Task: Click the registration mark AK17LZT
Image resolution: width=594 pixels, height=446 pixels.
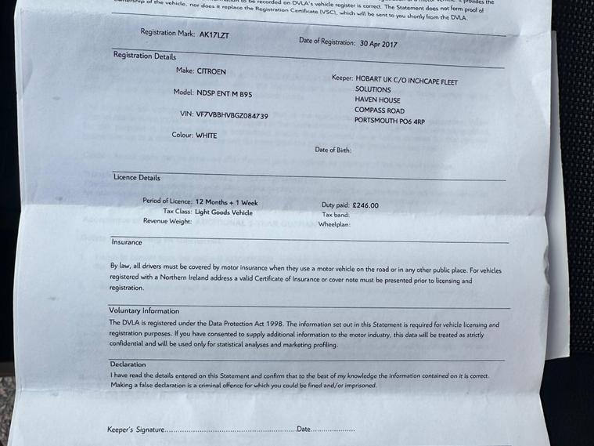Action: (214, 35)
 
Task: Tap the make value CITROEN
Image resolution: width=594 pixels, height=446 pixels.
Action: (211, 71)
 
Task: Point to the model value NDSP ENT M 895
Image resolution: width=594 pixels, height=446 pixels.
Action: (225, 93)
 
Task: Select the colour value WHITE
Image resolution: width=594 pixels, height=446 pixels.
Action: (207, 136)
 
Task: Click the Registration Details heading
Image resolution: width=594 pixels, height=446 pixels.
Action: (145, 56)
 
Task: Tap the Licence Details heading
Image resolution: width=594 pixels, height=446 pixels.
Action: (137, 178)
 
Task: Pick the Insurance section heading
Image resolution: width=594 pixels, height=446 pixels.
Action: (127, 242)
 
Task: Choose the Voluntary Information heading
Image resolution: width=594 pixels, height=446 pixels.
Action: (144, 311)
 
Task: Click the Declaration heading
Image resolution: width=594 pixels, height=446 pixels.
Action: (128, 364)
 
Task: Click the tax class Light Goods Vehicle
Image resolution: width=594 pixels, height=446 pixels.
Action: (224, 212)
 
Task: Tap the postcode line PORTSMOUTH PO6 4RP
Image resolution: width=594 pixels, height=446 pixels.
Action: (389, 121)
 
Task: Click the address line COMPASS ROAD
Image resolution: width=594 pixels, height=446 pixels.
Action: (379, 111)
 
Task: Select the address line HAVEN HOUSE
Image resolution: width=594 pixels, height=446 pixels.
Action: (377, 100)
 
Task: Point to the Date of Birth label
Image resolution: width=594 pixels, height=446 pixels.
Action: (333, 150)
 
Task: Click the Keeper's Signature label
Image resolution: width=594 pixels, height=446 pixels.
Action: (135, 430)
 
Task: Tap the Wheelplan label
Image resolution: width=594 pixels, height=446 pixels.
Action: (334, 224)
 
